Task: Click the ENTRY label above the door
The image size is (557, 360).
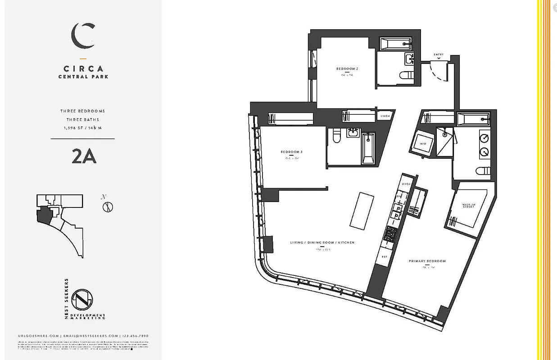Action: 439,54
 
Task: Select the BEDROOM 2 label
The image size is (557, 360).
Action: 347,69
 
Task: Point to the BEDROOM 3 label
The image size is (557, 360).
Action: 291,152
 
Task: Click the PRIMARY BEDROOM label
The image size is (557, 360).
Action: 427,261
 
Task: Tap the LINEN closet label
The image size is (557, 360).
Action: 385,116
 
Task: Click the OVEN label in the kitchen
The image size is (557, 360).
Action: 406,184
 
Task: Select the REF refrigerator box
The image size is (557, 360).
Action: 385,256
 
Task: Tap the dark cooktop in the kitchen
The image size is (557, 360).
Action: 390,234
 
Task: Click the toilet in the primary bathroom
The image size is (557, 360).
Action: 484,171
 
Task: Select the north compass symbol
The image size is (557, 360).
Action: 108,207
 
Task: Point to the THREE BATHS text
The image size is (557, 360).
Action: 83,120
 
